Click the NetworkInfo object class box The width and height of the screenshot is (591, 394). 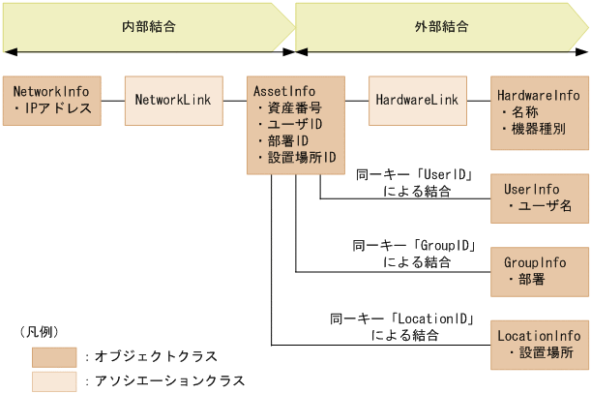coord(51,100)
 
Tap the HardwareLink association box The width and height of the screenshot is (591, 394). coord(417,100)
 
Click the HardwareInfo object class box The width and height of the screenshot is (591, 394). coord(539,112)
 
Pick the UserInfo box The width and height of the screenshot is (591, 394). coord(539,198)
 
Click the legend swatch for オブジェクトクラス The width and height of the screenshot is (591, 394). coord(54,356)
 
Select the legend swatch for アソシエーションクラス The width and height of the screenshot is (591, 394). coord(54,380)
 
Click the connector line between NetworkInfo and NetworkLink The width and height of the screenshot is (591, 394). coord(112,100)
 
